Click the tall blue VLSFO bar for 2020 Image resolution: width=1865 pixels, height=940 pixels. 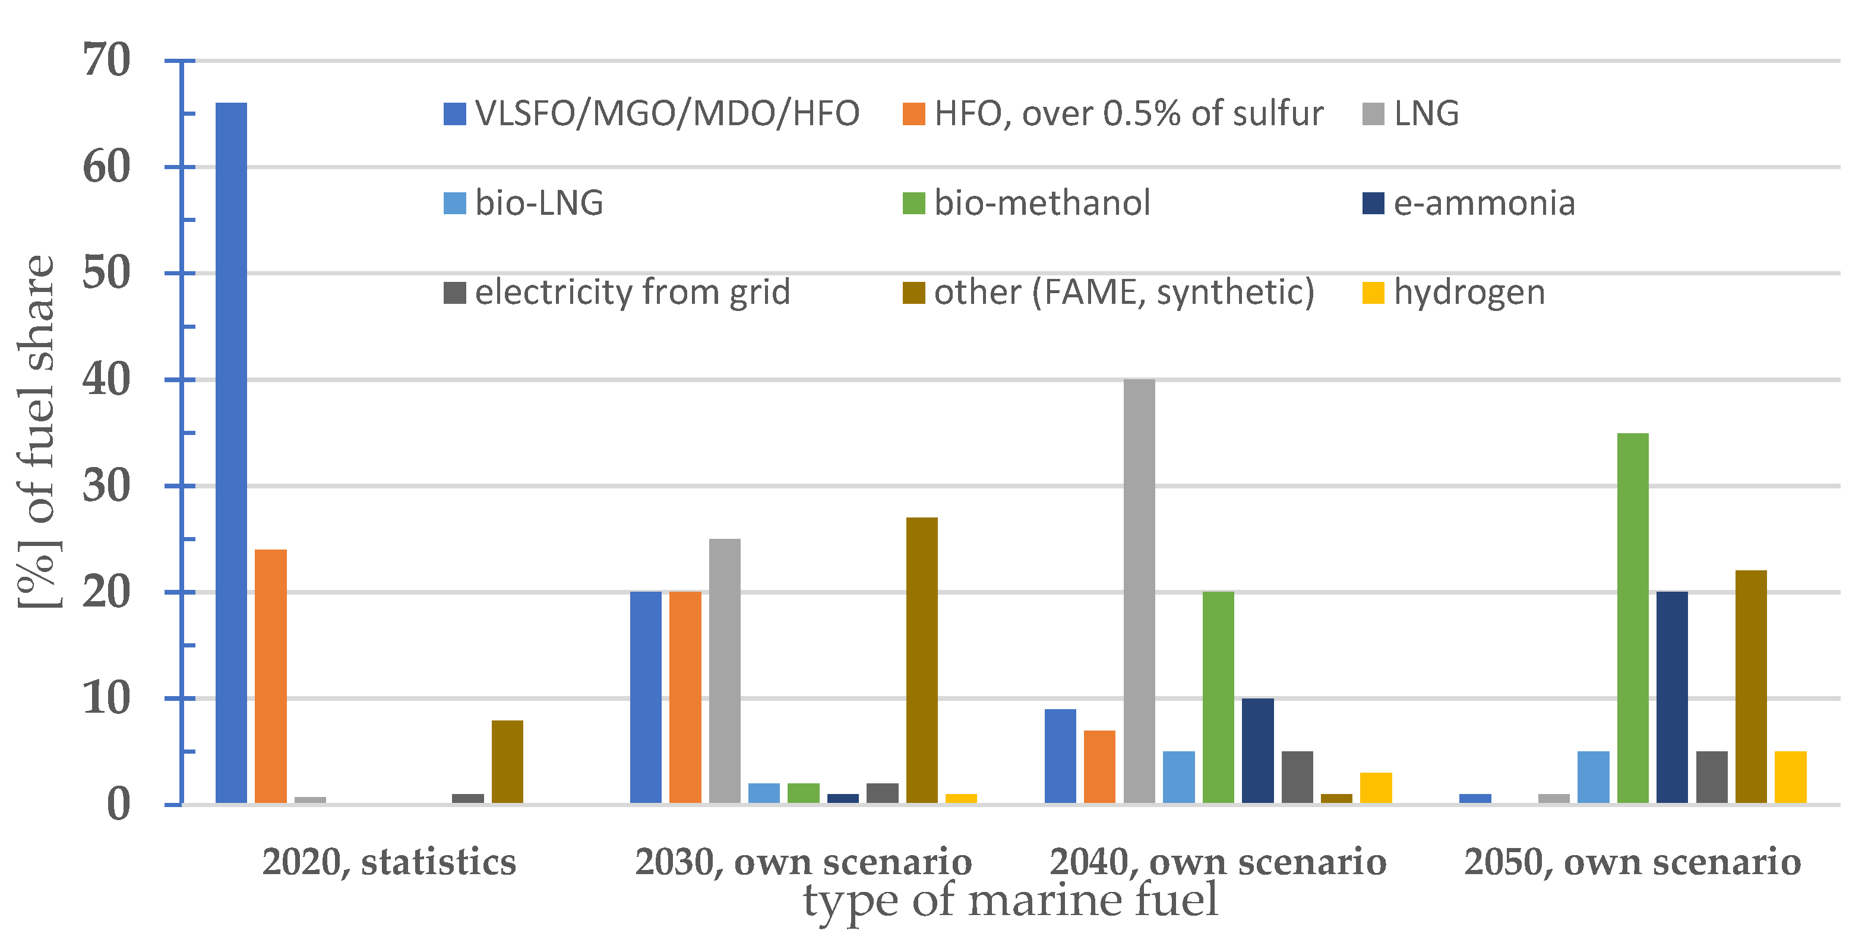tap(231, 452)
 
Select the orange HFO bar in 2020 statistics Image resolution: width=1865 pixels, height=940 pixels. tap(271, 676)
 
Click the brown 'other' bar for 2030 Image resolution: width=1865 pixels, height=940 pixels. tap(922, 660)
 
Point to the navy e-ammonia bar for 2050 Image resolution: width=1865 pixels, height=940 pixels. tap(1672, 698)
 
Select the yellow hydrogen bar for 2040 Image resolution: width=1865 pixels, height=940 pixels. tap(1376, 788)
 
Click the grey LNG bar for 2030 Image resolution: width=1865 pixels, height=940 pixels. tap(725, 671)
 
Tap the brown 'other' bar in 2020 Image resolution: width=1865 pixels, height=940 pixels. tap(507, 761)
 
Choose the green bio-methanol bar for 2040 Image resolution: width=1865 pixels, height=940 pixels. tap(1218, 698)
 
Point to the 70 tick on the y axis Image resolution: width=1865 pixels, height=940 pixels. tap(106, 60)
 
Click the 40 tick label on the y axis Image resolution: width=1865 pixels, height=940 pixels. tap(106, 380)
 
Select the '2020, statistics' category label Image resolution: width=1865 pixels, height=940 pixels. tap(389, 862)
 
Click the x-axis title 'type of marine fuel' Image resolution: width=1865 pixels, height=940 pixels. tap(1011, 901)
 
